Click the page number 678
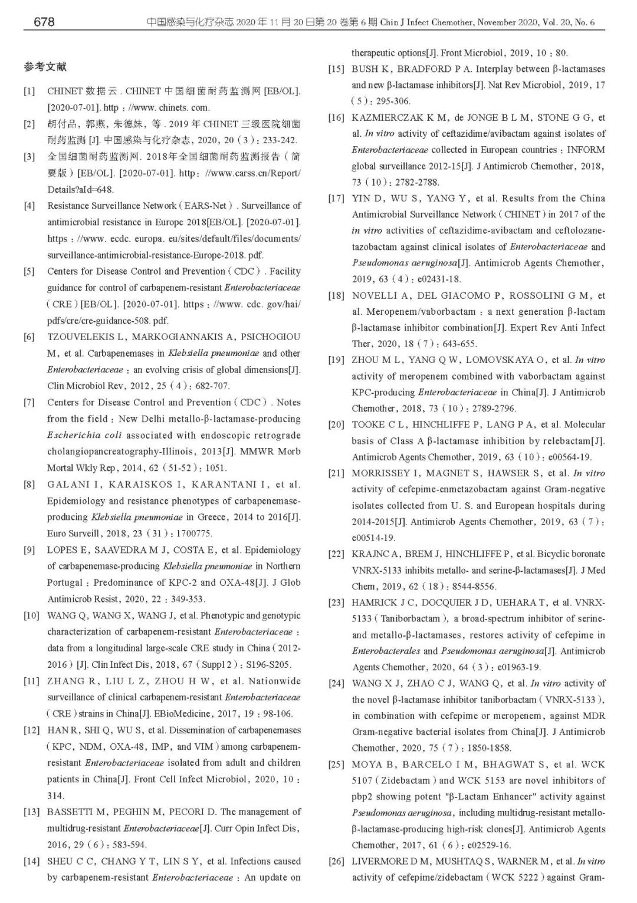coord(44,22)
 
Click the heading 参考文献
coord(45,67)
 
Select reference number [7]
coord(29,403)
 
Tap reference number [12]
coord(31,730)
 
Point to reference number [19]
coord(336,360)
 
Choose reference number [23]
coord(336,602)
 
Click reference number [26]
coord(336,861)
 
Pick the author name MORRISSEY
coord(381,473)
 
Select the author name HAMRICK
coord(374,602)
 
